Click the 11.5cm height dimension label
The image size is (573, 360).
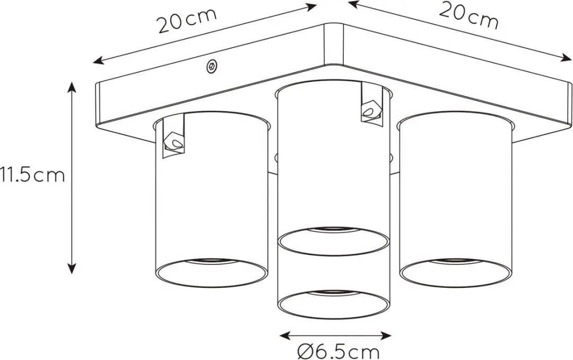(32, 175)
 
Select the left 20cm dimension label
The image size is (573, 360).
(187, 21)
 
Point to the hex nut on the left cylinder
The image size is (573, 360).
(173, 141)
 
